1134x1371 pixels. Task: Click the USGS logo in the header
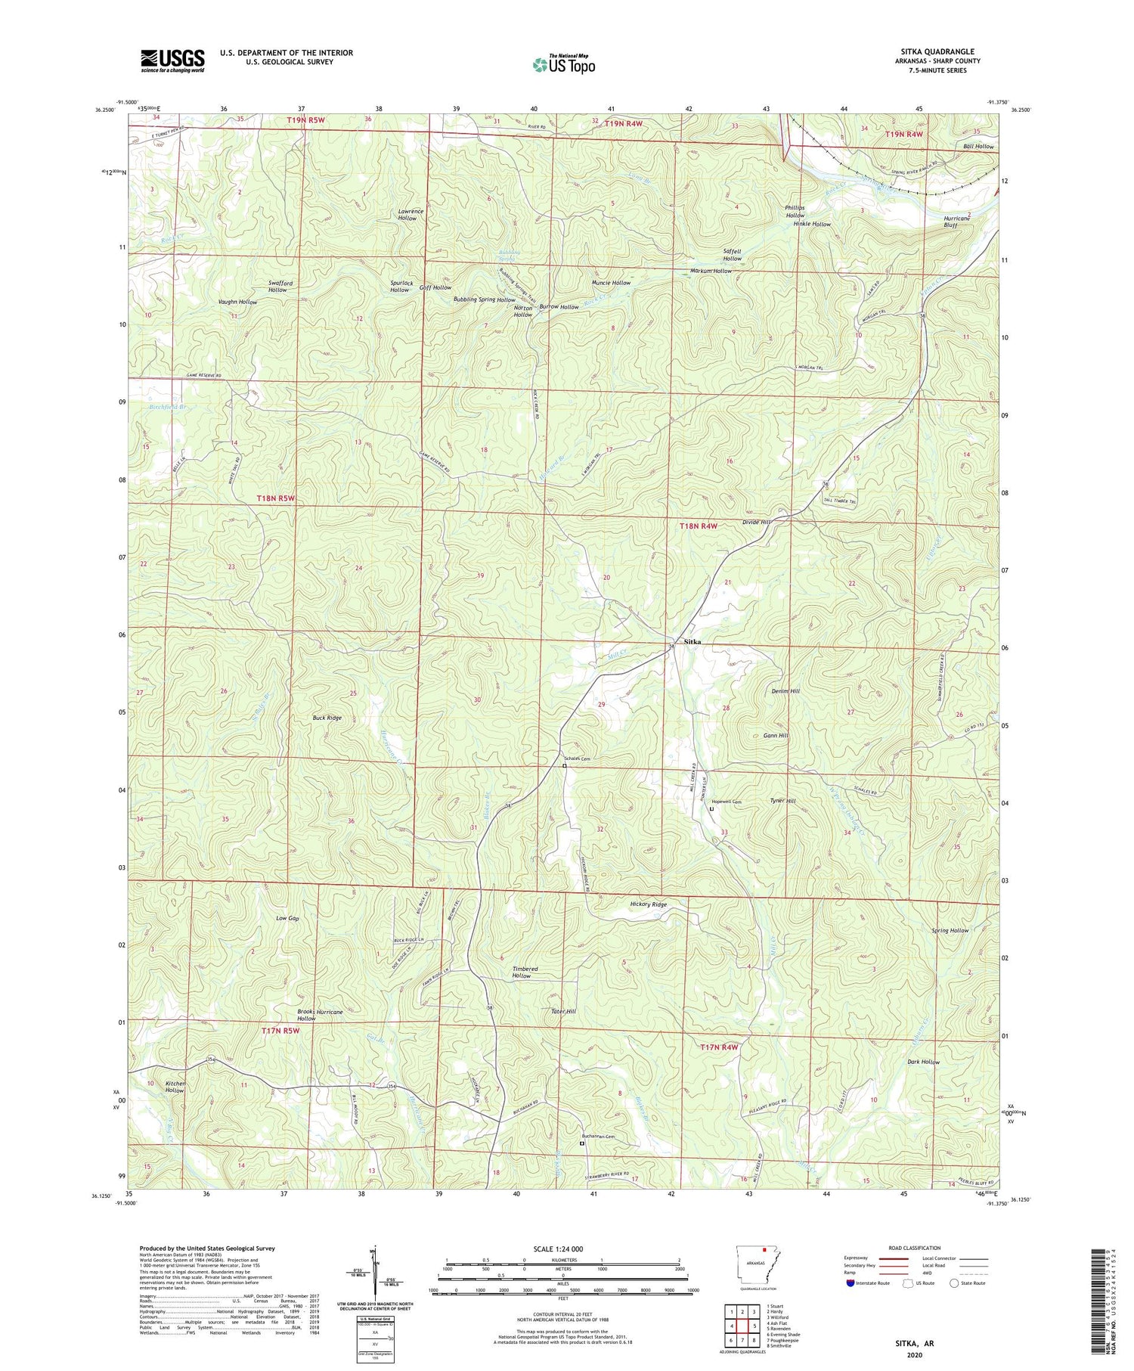coord(172,60)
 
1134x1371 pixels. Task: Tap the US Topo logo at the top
coord(563,65)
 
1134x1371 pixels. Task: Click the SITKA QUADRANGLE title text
coord(937,51)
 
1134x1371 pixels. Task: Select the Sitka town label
coord(692,641)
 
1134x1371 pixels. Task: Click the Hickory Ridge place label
coord(649,904)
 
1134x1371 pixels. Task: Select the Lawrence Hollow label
coord(407,214)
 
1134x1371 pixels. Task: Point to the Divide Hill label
coord(756,523)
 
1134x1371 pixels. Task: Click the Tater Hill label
coord(563,1011)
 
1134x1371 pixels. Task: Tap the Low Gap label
coord(287,918)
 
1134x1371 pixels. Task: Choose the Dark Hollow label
coord(923,1062)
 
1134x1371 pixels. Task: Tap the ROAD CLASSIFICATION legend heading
coord(915,1248)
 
